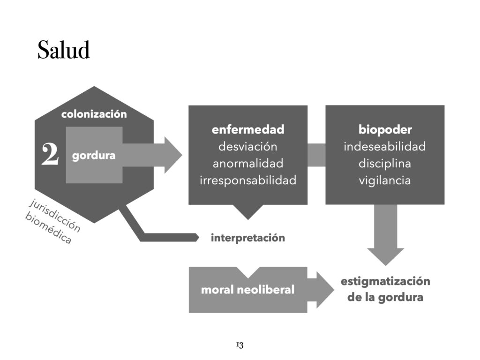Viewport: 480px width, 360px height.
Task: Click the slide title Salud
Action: click(63, 50)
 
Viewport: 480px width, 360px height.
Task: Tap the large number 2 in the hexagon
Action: click(50, 155)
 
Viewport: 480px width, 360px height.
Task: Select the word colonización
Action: click(94, 114)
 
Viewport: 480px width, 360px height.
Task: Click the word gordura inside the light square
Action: click(94, 156)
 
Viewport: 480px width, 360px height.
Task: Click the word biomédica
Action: click(49, 231)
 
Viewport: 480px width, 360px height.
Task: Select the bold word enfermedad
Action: click(248, 129)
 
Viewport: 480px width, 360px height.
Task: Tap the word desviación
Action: click(248, 146)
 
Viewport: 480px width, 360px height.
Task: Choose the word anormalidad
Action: click(248, 163)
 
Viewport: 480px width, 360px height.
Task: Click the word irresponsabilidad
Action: click(248, 180)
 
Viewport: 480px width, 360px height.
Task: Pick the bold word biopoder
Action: click(385, 129)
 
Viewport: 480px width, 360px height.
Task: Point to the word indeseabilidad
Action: click(385, 146)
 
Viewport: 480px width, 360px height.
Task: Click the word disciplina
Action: click(385, 163)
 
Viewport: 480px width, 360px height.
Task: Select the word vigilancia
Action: click(385, 180)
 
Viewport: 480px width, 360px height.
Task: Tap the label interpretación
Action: click(248, 238)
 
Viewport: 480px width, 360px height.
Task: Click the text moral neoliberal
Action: click(247, 290)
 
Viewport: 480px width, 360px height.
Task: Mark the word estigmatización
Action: click(385, 281)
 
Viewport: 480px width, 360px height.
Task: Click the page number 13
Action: click(240, 345)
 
